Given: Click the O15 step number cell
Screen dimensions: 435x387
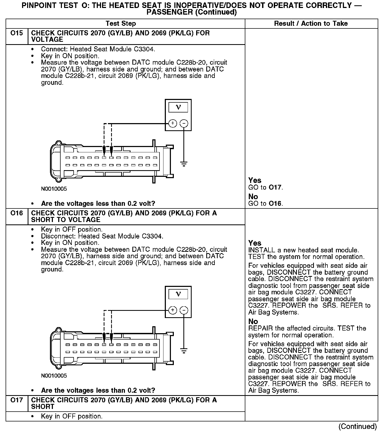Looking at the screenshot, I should pyautogui.click(x=16, y=34).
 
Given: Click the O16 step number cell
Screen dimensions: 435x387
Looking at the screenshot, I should pyautogui.click(x=16, y=214).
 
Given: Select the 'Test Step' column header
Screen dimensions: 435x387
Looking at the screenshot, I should pyautogui.click(x=121, y=24).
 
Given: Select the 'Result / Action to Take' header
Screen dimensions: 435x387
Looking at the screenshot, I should pyautogui.click(x=311, y=24).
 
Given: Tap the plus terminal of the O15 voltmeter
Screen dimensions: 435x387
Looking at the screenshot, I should pyautogui.click(x=173, y=123).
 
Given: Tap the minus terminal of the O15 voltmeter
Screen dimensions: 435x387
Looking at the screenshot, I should pyautogui.click(x=184, y=123).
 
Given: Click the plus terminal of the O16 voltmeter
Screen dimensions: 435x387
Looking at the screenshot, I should pyautogui.click(x=173, y=310).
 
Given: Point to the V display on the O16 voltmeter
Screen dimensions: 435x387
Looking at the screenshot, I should pyautogui.click(x=178, y=294).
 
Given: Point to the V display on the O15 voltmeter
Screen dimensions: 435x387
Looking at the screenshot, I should pyautogui.click(x=178, y=107).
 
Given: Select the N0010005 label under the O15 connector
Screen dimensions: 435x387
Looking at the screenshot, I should pyautogui.click(x=54, y=189).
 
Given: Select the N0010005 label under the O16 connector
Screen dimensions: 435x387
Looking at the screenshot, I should pyautogui.click(x=54, y=376).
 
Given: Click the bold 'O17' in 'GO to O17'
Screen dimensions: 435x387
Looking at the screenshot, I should pyautogui.click(x=275, y=187).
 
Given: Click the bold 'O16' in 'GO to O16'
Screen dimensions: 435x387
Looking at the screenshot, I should pyautogui.click(x=275, y=204).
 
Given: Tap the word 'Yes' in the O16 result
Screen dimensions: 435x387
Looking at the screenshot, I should pyautogui.click(x=255, y=243).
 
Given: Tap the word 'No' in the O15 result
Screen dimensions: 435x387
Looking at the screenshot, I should pyautogui.click(x=253, y=197).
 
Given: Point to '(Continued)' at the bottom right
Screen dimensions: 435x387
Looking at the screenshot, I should pyautogui.click(x=357, y=426).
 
